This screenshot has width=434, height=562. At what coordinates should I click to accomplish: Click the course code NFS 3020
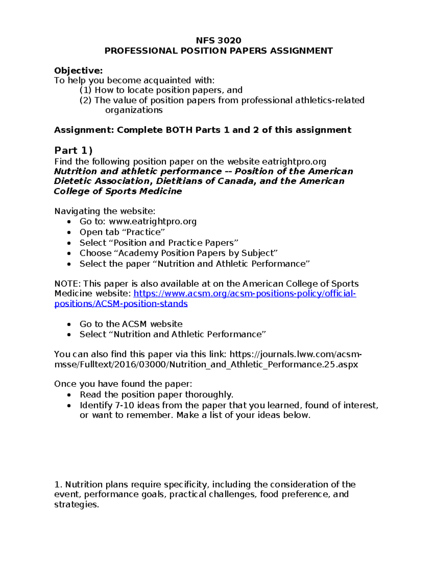218,40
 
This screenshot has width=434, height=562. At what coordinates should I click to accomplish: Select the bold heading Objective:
78,71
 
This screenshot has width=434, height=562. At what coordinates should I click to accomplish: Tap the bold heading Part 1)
73,150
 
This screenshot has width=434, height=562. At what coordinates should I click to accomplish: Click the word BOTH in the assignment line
179,130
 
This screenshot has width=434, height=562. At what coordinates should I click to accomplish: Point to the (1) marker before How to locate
86,90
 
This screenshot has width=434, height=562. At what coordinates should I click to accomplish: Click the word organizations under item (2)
134,110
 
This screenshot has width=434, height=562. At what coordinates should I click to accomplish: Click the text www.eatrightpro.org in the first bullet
153,221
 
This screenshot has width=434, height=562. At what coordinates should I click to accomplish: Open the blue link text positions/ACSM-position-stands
121,304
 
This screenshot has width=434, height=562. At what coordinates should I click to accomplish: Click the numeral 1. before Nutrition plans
58,485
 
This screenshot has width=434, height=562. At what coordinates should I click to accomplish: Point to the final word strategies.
76,504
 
